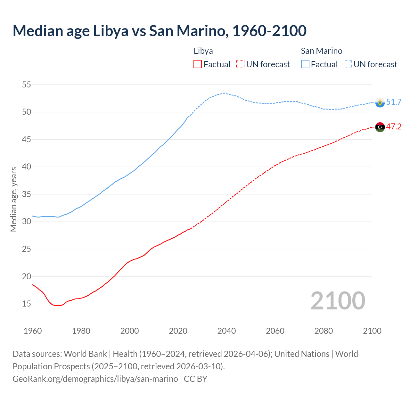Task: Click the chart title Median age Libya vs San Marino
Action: [160, 31]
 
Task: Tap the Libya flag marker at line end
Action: [380, 127]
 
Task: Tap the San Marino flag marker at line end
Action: [380, 102]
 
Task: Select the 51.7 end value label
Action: [394, 102]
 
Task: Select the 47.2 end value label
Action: [394, 127]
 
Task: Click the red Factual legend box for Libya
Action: [198, 64]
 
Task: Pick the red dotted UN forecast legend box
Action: [240, 64]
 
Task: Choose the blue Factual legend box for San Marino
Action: [305, 64]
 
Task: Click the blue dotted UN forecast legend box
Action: [348, 64]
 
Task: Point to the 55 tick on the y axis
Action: [26, 85]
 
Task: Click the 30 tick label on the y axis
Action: [26, 222]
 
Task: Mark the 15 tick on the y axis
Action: [26, 304]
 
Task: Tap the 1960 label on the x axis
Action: [33, 331]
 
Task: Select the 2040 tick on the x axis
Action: [226, 331]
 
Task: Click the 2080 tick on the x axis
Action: [324, 331]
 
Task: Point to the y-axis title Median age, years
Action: [13, 199]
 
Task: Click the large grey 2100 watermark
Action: [338, 300]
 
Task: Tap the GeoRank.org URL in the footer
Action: [95, 379]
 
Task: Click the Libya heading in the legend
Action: [203, 51]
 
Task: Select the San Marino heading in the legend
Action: [321, 51]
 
